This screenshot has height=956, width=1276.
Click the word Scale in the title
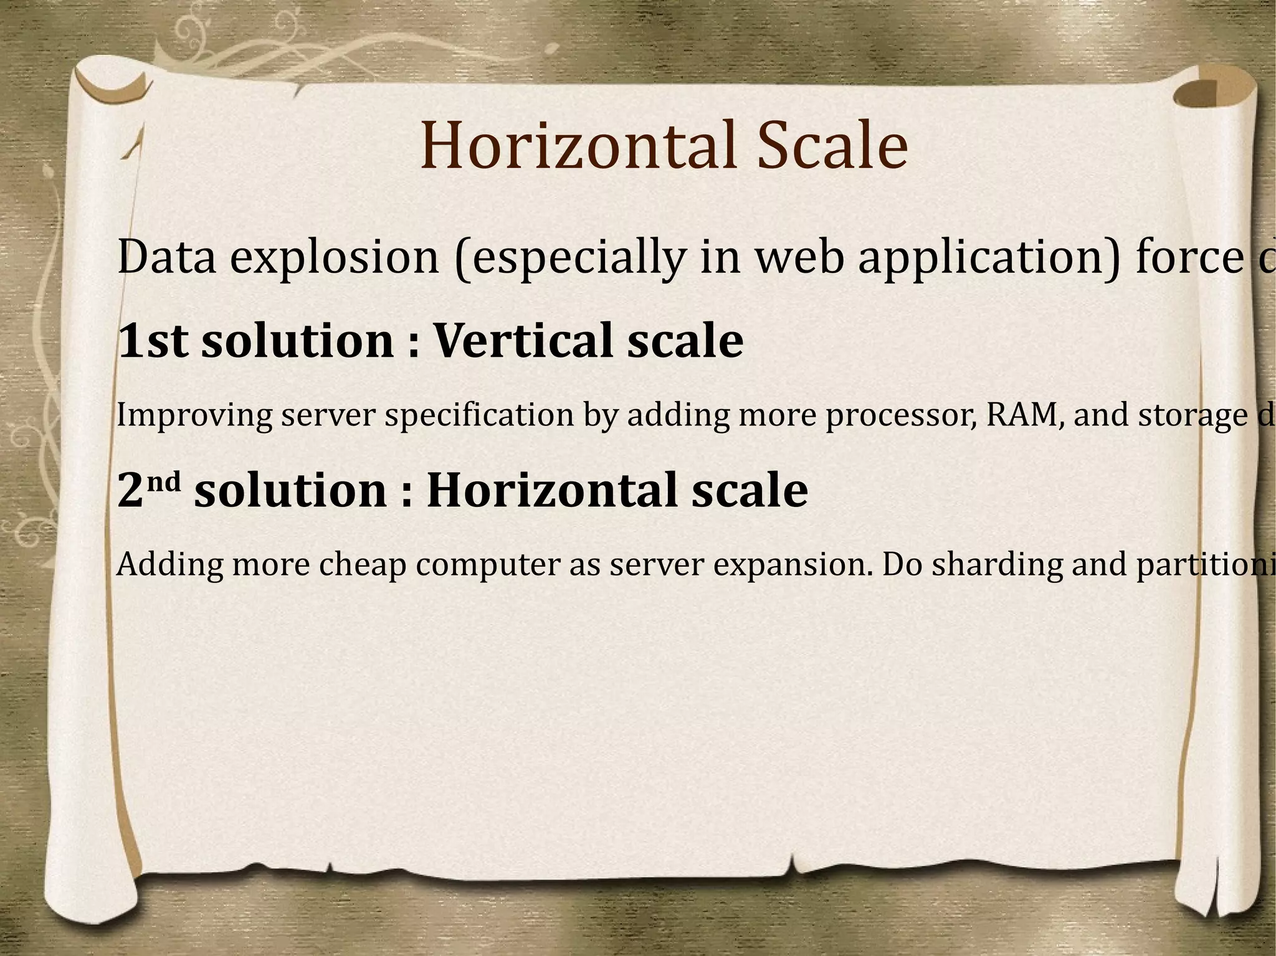(x=832, y=146)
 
